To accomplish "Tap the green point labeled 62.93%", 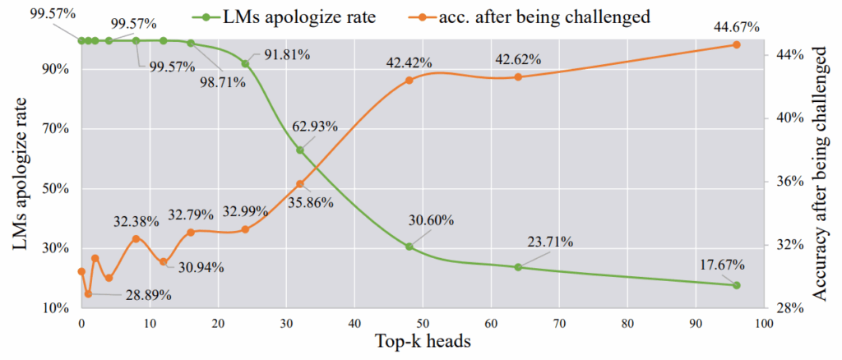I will coord(300,150).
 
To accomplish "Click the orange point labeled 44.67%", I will coord(736,44).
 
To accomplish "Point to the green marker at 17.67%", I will coord(736,285).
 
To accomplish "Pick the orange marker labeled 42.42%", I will coord(409,80).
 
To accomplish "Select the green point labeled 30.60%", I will coord(409,247).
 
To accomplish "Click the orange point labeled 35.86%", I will coord(300,184).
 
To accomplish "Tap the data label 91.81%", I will coord(287,55).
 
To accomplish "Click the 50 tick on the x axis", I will coord(423,323).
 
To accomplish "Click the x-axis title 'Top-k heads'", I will coord(423,343).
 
